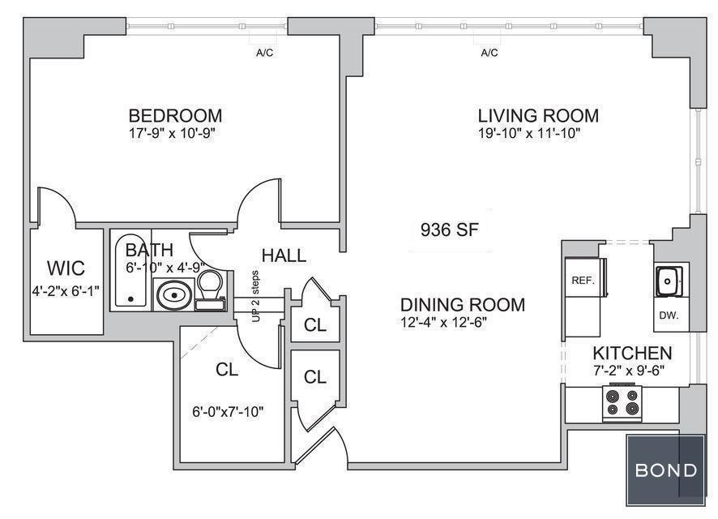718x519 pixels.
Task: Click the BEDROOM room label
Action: [175, 115]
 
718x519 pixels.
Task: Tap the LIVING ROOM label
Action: [538, 115]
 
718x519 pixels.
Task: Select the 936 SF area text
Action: [450, 229]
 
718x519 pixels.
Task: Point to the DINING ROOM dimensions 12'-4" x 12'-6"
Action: [443, 323]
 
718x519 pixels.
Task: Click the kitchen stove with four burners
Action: [622, 402]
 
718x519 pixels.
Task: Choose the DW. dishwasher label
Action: [669, 315]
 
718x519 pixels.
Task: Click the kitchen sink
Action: [669, 281]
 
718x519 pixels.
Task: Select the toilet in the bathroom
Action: [210, 289]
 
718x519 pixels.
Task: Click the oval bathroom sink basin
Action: [174, 295]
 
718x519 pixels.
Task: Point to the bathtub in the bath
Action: [131, 270]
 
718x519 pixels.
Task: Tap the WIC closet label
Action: [66, 268]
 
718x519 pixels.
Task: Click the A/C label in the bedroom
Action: [265, 54]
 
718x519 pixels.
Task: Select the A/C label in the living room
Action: [489, 54]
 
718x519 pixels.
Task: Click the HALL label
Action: [284, 255]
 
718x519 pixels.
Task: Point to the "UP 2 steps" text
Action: [255, 296]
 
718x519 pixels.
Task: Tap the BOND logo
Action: [666, 470]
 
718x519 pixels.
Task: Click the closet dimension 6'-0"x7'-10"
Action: [228, 412]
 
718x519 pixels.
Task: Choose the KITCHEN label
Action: [632, 354]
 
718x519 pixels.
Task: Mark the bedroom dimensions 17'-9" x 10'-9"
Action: [172, 134]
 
